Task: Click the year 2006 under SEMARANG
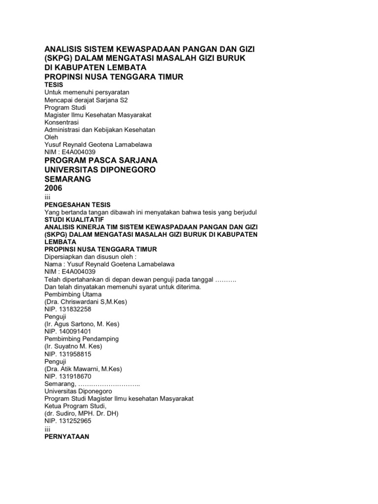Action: tap(54, 189)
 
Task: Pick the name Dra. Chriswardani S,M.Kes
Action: tap(86, 302)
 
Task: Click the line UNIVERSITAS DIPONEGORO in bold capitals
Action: tap(100, 170)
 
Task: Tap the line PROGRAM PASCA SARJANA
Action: tap(101, 160)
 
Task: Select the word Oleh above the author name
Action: tap(51, 137)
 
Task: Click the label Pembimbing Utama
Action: tap(73, 294)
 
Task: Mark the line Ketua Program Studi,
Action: tap(75, 406)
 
